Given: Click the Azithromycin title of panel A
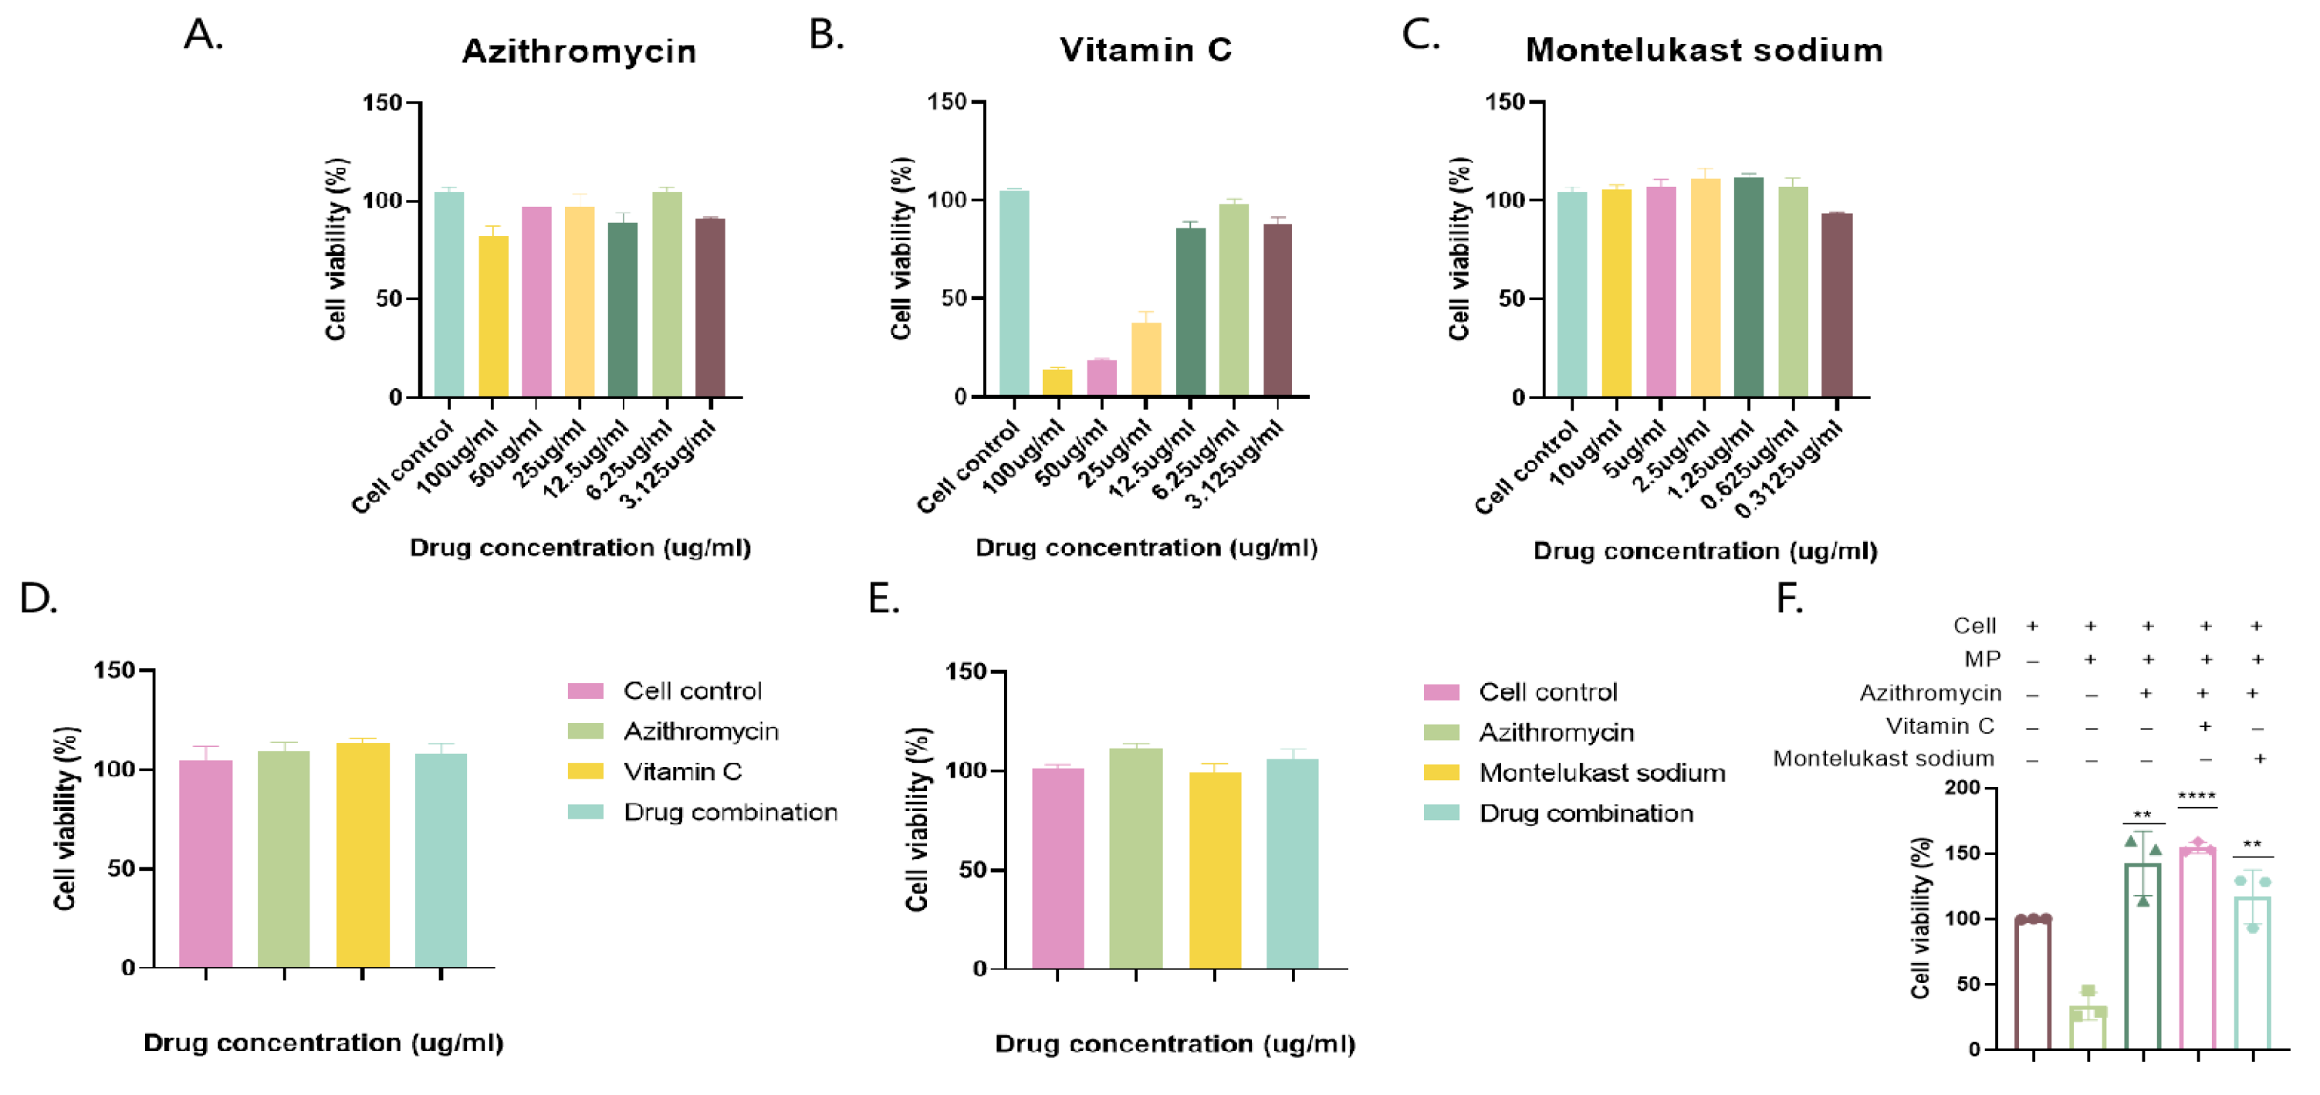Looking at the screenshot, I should tap(579, 52).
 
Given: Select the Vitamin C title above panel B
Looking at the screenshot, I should tap(1145, 49).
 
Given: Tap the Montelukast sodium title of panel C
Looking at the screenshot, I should tap(1704, 49).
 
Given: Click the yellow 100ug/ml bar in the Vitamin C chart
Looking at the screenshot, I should tap(1057, 382).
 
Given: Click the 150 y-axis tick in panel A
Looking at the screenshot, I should tap(382, 103).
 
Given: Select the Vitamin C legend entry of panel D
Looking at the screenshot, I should tap(683, 772).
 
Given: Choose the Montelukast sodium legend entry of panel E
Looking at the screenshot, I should tap(1602, 772).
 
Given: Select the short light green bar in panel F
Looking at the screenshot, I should tap(2088, 1026).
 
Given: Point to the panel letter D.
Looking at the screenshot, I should tap(39, 599).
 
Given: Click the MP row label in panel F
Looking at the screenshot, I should tap(1982, 659).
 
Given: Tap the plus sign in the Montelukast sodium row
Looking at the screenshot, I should tap(2260, 759).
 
